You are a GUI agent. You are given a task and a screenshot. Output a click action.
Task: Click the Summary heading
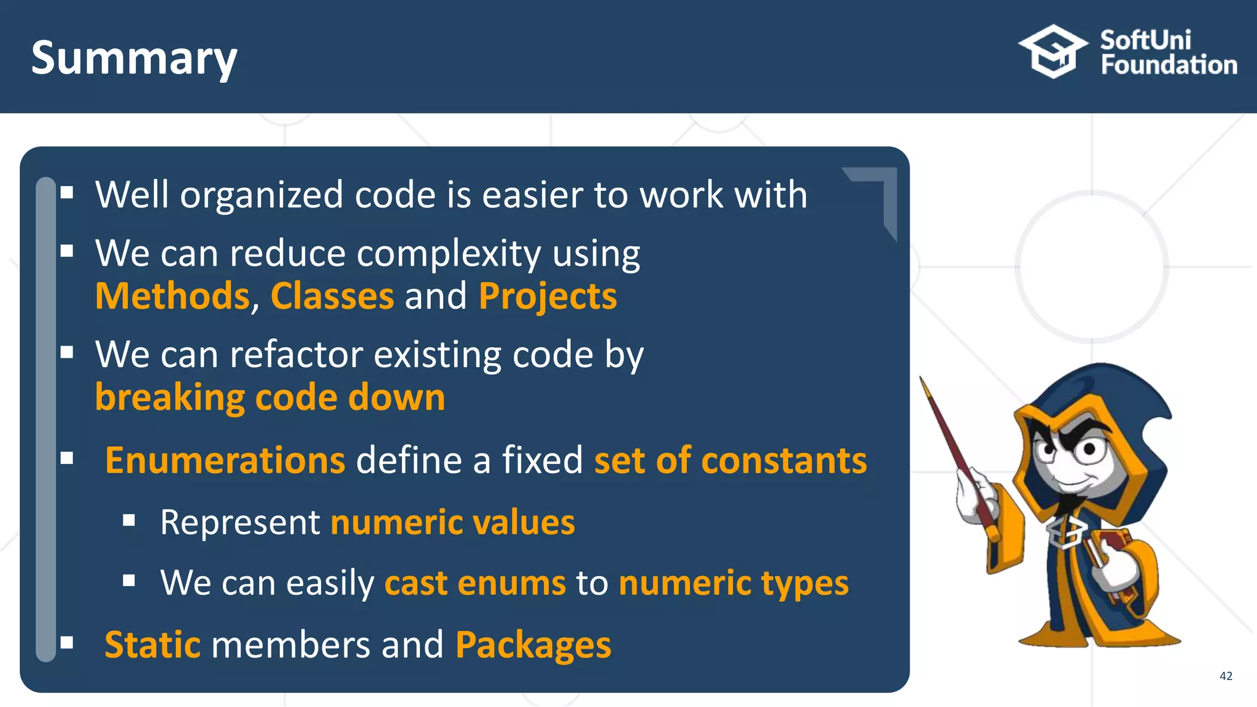coord(134,58)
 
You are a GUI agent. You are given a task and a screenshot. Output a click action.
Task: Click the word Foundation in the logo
coord(1169,65)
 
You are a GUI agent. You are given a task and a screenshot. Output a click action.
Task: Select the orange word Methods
coord(172,296)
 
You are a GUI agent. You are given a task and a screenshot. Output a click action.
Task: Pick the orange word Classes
coord(332,296)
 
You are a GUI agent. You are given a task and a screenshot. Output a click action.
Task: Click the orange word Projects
coord(547,297)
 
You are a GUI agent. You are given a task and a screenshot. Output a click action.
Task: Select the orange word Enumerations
coord(225,460)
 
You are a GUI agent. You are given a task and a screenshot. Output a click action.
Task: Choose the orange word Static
coord(152,645)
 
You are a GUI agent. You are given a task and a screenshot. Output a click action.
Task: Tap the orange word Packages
coord(533,646)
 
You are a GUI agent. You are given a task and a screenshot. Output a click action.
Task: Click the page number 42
coord(1226,676)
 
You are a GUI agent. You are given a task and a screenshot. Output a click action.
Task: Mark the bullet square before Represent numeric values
coord(129,521)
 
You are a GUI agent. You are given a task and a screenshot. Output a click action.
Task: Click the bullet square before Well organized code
coord(67,193)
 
